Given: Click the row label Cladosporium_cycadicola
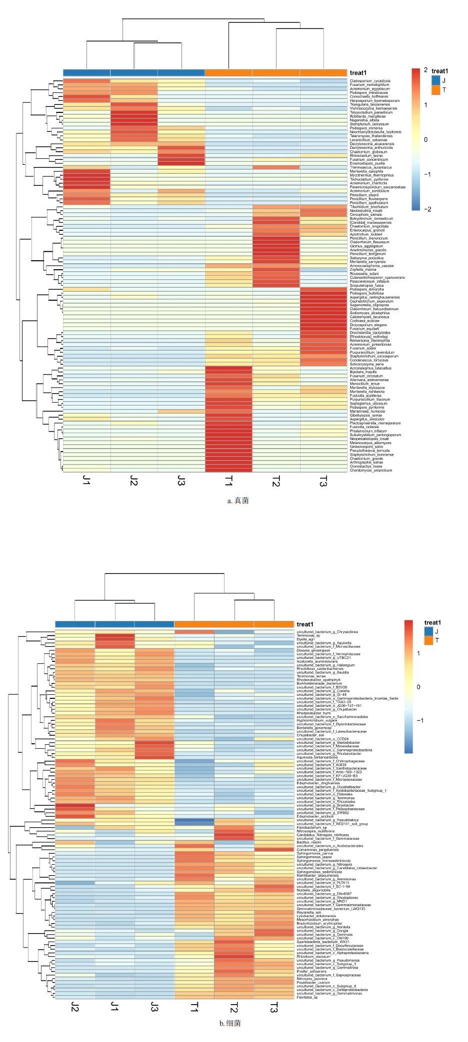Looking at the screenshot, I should pos(370,81).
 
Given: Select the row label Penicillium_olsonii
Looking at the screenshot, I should pos(364,195).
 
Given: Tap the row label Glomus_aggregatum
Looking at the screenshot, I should pos(366,246).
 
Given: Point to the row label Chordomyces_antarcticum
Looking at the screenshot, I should pos(371,470).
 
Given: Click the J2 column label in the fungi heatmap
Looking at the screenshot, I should pos(133,481).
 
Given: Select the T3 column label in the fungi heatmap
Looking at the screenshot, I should pos(323,482).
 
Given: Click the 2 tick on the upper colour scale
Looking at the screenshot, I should pos(425,70).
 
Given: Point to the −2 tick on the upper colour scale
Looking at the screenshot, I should pos(427,209).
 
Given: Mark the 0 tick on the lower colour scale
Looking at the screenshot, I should pos(418,687).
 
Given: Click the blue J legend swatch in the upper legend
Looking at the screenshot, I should pos(436,80).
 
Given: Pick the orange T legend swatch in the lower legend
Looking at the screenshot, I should pos(428,640).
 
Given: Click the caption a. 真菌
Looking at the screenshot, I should pos(238,501).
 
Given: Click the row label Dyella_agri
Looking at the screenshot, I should pos(305,639).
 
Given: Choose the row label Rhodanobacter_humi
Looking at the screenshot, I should pos(313,713).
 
